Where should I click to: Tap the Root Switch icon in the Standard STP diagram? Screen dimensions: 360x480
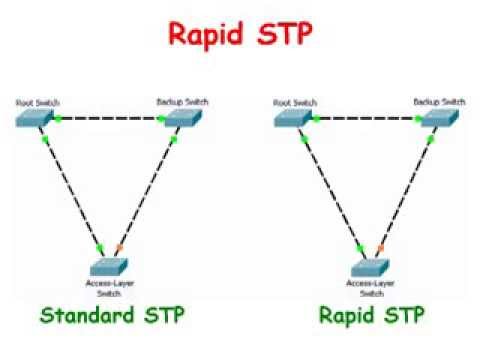[33, 119]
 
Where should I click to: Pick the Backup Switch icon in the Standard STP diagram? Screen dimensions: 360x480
[180, 118]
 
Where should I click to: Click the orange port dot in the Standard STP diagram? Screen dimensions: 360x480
[119, 248]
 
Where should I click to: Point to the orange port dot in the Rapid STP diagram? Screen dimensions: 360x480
[379, 248]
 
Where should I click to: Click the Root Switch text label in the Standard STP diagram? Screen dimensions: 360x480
[36, 102]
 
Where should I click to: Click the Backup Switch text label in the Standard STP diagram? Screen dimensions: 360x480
[180, 102]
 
